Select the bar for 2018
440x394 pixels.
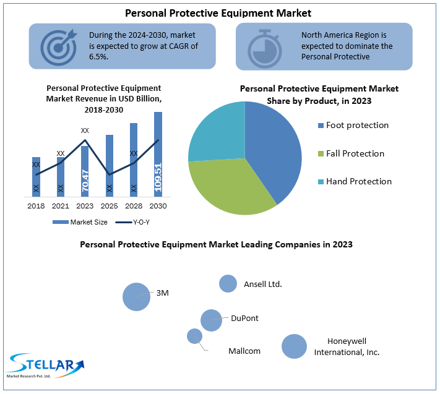(x=36, y=176)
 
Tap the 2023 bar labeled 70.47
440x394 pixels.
(x=85, y=179)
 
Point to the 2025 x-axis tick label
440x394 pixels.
(x=109, y=205)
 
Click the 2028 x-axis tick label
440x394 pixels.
(x=134, y=205)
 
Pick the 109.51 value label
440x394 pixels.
(x=158, y=176)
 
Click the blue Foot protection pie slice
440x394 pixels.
(x=272, y=148)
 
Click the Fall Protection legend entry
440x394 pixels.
(x=355, y=153)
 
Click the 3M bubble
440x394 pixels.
(x=136, y=296)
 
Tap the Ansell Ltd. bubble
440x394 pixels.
(x=228, y=283)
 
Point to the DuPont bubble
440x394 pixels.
(x=211, y=320)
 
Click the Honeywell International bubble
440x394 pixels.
(x=294, y=346)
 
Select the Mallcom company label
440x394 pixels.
(x=244, y=351)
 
